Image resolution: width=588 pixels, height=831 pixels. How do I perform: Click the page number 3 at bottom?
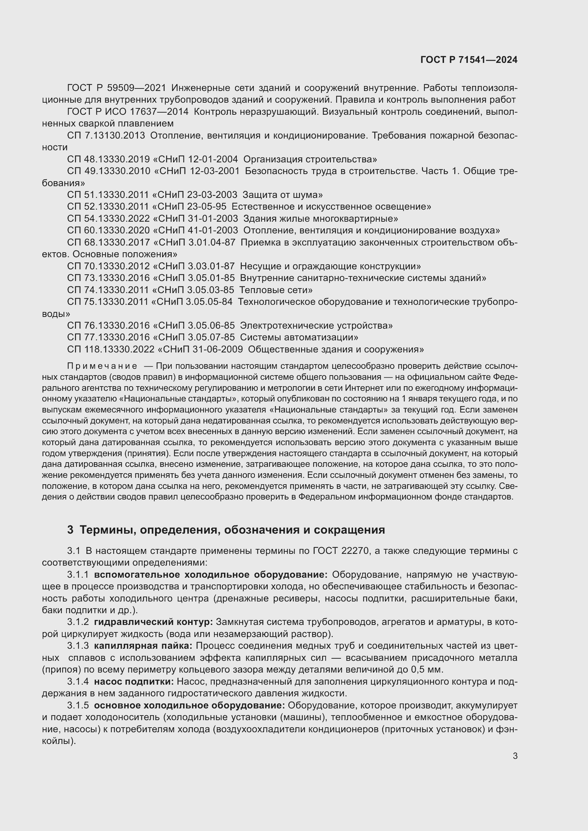click(515, 756)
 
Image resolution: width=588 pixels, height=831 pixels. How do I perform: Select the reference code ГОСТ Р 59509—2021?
click(117, 88)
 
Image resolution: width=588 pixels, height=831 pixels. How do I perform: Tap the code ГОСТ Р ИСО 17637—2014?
click(128, 112)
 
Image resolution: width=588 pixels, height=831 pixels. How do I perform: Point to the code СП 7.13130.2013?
click(106, 136)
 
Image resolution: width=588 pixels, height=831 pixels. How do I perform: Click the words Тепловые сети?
click(276, 290)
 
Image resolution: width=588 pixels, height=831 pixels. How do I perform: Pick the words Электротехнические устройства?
click(316, 326)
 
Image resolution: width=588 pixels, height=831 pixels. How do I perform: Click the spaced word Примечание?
click(102, 366)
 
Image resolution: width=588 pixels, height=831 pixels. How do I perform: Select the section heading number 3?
click(70, 530)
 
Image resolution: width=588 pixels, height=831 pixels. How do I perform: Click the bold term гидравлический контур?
click(154, 622)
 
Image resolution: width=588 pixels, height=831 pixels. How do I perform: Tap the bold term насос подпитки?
click(134, 682)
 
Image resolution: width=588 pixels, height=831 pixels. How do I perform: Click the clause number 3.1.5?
click(78, 706)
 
